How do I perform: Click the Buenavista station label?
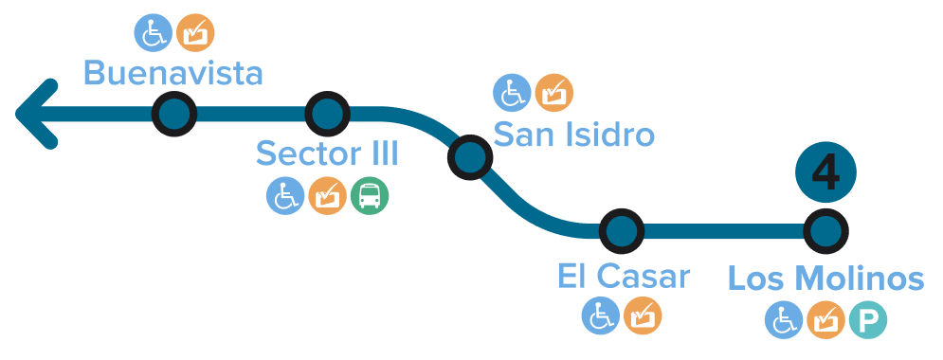(172, 73)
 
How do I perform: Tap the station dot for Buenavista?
(173, 115)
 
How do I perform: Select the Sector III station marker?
(328, 115)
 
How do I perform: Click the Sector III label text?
(327, 153)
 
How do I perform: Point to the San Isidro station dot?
(469, 157)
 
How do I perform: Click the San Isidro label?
(574, 135)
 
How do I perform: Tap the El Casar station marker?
(622, 230)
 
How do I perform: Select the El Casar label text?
(624, 278)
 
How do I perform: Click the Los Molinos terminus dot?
(825, 230)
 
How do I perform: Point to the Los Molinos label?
(825, 279)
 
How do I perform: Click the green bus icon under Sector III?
(370, 196)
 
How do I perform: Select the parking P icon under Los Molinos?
(867, 319)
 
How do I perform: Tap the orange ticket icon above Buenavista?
(195, 33)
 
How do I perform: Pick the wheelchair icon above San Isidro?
(512, 93)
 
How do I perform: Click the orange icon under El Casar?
(644, 315)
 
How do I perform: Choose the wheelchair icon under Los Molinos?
(784, 319)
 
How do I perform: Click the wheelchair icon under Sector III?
(283, 196)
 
